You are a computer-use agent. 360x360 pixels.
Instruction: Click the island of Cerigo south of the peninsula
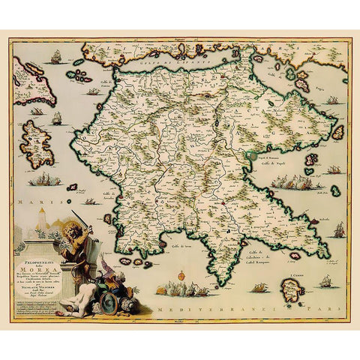[x=295, y=293]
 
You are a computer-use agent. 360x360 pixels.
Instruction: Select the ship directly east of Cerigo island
[x=326, y=283]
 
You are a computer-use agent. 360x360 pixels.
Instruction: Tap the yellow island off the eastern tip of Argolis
[x=337, y=132]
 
